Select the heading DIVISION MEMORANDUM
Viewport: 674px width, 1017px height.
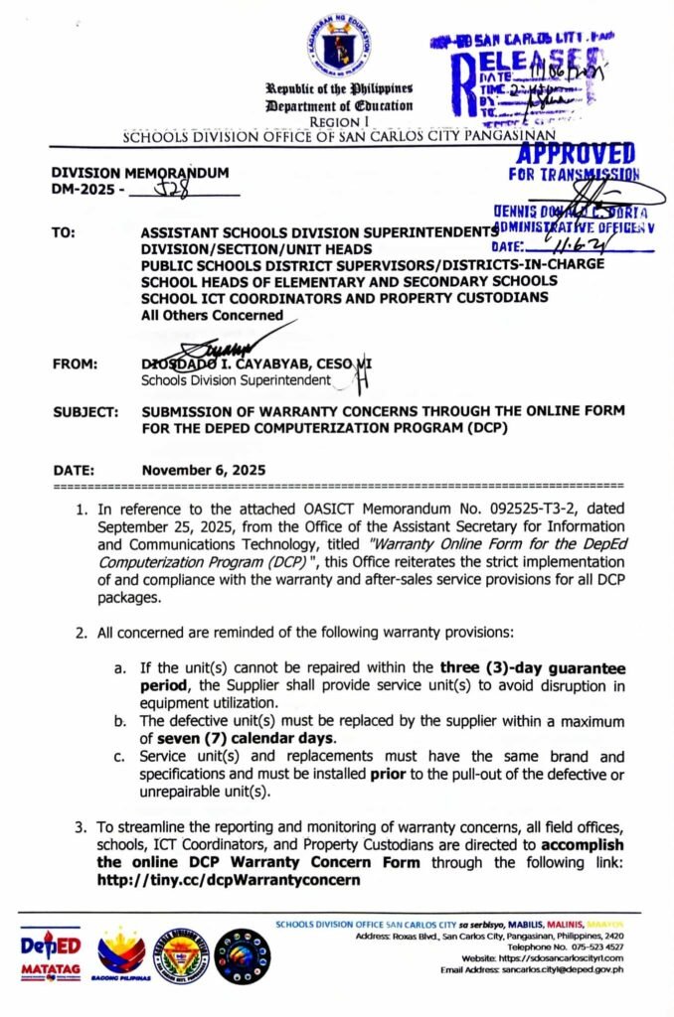pos(140,172)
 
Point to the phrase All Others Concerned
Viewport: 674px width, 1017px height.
pos(212,316)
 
